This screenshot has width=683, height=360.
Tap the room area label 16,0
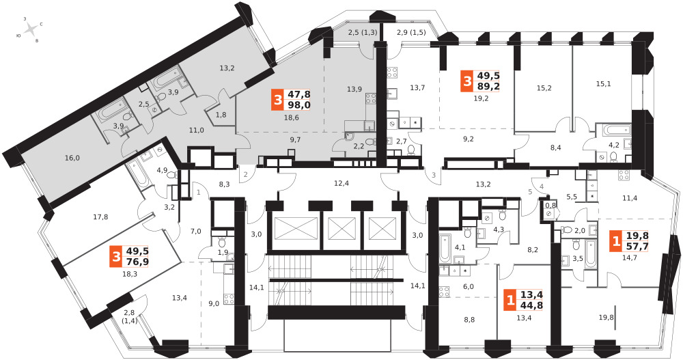[72, 158]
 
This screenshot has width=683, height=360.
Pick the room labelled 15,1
[603, 83]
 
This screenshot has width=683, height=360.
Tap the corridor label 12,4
[341, 183]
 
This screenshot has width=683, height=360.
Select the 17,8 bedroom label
[100, 216]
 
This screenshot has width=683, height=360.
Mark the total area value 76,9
[137, 262]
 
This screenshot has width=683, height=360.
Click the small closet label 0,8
[551, 204]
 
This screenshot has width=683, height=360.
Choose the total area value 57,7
[637, 246]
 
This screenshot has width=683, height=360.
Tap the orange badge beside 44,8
[509, 300]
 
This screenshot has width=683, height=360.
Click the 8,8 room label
[469, 320]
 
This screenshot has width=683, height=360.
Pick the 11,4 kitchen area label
[630, 198]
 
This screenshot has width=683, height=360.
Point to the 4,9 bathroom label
[162, 170]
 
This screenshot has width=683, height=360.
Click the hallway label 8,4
[555, 148]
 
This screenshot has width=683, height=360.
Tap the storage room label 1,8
[221, 115]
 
